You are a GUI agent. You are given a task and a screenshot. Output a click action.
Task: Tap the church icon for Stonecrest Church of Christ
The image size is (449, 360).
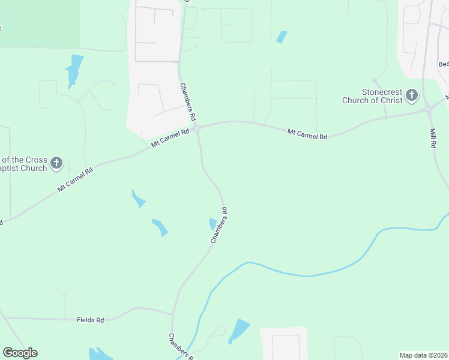click(x=412, y=95)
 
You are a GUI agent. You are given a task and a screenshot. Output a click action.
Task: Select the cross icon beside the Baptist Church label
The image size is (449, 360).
click(x=56, y=162)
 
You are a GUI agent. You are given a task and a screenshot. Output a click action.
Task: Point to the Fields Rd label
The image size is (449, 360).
click(x=91, y=320)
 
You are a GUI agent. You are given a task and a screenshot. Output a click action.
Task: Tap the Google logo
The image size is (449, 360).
click(x=20, y=353)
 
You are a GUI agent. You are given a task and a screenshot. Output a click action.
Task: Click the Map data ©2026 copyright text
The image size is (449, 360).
click(x=424, y=355)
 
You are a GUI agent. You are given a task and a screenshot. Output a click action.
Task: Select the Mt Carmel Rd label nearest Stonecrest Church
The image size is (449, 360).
click(x=307, y=134)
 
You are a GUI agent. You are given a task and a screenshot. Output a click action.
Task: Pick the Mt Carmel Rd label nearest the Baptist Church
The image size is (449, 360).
click(x=76, y=179)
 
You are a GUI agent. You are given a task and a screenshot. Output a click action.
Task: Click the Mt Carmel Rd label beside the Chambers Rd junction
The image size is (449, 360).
click(x=170, y=138)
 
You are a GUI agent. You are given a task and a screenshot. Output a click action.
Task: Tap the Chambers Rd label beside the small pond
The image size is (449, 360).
click(x=220, y=225)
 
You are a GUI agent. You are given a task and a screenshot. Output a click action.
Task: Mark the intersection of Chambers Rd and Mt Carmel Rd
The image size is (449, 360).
click(x=197, y=128)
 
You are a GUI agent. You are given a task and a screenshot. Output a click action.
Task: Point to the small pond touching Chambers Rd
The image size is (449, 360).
click(x=212, y=224)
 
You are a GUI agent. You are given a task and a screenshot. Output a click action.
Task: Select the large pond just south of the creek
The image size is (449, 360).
click(x=239, y=331)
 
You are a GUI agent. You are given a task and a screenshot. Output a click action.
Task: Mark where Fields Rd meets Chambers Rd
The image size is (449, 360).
click(x=173, y=314)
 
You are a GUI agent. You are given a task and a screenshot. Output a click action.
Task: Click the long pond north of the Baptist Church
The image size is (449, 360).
click(x=74, y=71)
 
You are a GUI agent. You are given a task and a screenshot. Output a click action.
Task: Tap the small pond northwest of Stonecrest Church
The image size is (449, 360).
click(x=281, y=37)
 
